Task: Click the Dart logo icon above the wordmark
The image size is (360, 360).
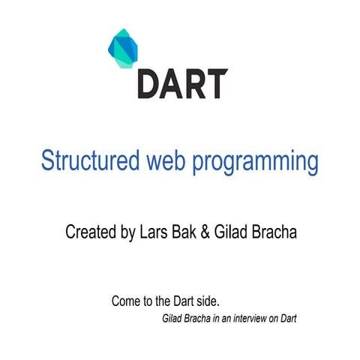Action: (125, 49)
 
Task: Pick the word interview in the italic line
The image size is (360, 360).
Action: (250, 318)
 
